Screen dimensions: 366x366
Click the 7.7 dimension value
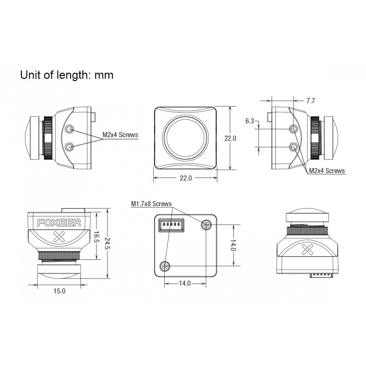[311, 101]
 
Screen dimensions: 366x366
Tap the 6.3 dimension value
[249, 121]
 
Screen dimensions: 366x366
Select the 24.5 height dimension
[107, 244]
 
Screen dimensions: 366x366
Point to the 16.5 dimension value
[96, 237]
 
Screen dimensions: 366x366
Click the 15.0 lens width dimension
[59, 291]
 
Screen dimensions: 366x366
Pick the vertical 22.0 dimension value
[231, 138]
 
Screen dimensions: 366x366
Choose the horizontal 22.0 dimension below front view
[186, 178]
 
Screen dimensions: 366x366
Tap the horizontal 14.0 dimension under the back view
[185, 283]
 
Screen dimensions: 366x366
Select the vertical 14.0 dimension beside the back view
[233, 245]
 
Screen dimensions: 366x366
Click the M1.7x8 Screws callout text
[151, 204]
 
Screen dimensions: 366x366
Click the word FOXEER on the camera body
[59, 223]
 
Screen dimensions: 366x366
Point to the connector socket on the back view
[171, 225]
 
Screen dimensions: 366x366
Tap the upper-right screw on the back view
[206, 225]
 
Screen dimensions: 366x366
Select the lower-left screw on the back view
[165, 266]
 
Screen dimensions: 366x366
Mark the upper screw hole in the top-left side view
[70, 129]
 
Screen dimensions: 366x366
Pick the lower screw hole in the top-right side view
[294, 147]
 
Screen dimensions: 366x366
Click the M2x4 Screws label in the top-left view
[120, 135]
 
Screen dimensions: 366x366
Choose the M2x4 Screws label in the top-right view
[327, 171]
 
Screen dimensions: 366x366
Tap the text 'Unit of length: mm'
[67, 75]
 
